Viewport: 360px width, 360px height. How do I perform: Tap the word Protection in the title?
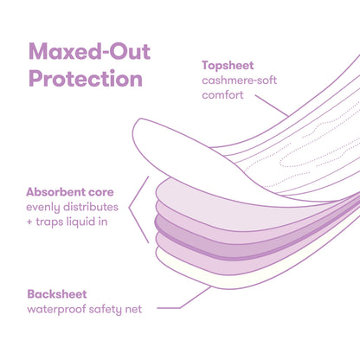pos(85,79)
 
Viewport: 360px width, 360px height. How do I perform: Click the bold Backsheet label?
pos(57,294)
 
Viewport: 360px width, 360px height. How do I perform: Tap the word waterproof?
pos(58,310)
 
